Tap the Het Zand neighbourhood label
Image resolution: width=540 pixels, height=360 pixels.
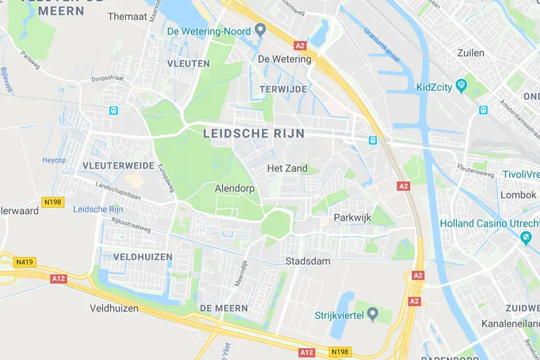287,168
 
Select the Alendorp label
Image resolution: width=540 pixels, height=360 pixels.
235,188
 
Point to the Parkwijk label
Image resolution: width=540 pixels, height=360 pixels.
352,217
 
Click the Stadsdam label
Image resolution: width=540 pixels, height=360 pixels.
308,261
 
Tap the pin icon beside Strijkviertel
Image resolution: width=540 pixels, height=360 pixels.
372,315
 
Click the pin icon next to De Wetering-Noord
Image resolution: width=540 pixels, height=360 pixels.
260,30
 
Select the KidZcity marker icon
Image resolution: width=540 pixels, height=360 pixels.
462,85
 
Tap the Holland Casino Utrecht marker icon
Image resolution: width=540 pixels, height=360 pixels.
526,238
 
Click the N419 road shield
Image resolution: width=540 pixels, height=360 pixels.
25,262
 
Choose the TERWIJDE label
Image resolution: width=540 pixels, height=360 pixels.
282,89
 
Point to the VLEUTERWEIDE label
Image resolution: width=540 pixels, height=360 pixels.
119,166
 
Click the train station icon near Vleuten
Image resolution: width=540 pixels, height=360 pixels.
113,111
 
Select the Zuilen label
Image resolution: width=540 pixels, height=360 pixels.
471,53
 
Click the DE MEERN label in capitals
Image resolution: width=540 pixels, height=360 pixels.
224,308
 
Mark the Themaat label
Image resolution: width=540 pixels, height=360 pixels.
127,16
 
